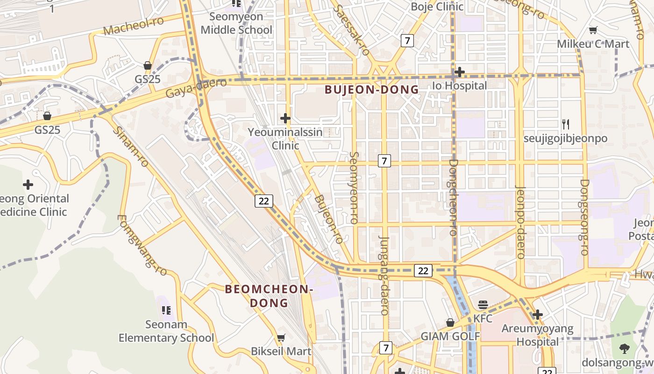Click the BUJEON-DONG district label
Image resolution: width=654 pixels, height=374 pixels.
(x=371, y=90)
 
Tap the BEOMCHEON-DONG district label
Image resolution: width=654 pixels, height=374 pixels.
(x=269, y=296)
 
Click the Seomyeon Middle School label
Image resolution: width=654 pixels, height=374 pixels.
(x=236, y=23)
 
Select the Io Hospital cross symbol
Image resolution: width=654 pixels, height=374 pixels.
(x=460, y=72)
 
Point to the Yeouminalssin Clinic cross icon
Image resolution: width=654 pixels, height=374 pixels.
(x=285, y=118)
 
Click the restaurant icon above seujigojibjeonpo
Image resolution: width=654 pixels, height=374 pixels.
(x=565, y=124)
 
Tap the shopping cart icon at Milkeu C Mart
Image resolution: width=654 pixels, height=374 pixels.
(x=593, y=30)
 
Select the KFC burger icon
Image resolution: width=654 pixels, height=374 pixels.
(x=483, y=305)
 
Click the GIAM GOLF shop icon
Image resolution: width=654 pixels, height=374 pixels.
(x=450, y=323)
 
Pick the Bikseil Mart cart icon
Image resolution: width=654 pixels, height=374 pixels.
(x=281, y=338)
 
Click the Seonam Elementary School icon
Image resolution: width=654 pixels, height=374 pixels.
(x=166, y=310)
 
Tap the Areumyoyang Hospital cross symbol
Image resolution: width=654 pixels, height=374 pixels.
(x=537, y=315)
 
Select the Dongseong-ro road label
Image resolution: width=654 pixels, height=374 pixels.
(x=584, y=217)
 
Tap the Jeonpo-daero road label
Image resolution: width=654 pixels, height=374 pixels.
(x=520, y=222)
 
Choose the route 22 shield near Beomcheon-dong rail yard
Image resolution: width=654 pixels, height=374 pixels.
(x=264, y=201)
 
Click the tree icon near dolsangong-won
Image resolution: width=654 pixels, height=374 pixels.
(x=625, y=348)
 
